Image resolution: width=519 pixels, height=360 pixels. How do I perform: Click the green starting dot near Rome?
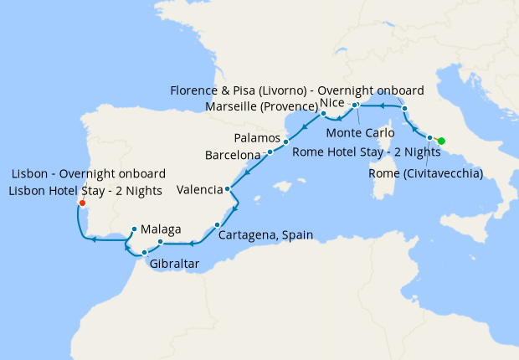pyautogui.click(x=442, y=141)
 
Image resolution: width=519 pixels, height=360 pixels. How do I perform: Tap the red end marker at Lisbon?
pyautogui.click(x=81, y=203)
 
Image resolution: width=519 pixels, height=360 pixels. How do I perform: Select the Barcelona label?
pyautogui.click(x=233, y=155)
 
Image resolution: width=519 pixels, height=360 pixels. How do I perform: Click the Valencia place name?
pyautogui.click(x=199, y=190)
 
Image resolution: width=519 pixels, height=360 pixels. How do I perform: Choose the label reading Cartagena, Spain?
pyautogui.click(x=265, y=235)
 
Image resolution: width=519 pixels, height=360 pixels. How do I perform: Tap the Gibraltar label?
pyautogui.click(x=174, y=265)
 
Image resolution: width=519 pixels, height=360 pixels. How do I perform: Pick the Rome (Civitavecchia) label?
pyautogui.click(x=426, y=173)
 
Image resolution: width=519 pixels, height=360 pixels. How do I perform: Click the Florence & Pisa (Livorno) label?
pyautogui.click(x=296, y=90)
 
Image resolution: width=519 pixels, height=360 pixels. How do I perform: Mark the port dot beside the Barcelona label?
pyautogui.click(x=270, y=152)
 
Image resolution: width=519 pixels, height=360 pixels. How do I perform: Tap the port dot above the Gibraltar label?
pyautogui.click(x=145, y=252)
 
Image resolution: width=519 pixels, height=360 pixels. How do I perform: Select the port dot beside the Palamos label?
pyautogui.click(x=285, y=141)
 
